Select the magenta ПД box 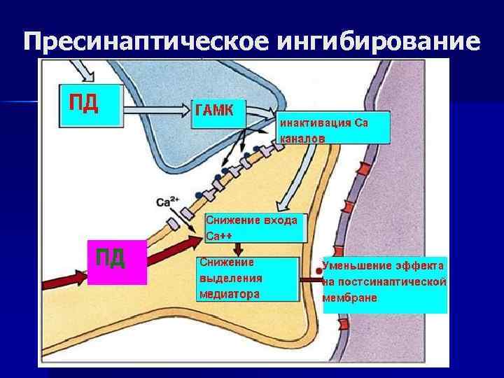point(117,262)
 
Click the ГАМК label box point(218,112)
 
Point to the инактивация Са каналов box point(333,129)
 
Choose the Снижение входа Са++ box point(255,227)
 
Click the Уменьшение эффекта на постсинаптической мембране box point(384,283)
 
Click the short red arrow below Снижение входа point(239,249)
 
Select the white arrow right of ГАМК point(261,112)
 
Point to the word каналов point(302,139)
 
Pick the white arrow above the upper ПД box point(83,69)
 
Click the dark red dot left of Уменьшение point(318,270)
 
